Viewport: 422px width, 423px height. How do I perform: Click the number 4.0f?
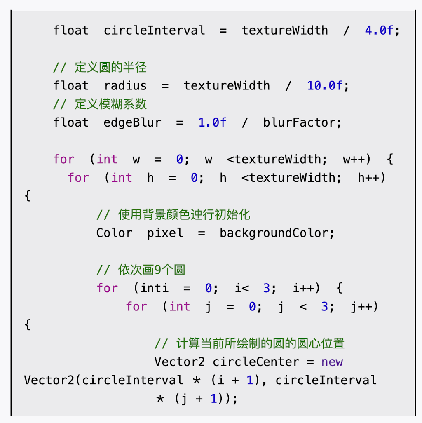coord(379,31)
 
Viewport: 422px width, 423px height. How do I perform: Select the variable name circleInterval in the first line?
coord(154,31)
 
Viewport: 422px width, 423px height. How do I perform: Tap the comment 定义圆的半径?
coord(110,67)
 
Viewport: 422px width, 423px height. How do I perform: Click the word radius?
coord(125,86)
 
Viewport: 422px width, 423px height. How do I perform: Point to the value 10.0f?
coord(325,86)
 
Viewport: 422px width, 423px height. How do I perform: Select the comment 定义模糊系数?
coord(110,104)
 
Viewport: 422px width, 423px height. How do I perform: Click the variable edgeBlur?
coord(132,122)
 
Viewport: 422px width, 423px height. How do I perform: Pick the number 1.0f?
coord(212,122)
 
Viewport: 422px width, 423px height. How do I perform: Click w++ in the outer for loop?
coord(357,160)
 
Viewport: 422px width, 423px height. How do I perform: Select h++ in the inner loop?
coord(371,178)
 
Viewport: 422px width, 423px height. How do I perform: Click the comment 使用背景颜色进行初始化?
coord(184,214)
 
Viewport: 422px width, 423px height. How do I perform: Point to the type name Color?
coord(114,233)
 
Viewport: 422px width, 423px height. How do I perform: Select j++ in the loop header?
coord(364,307)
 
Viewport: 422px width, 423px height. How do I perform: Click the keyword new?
coord(332,362)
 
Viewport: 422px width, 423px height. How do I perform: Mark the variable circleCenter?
coord(256,362)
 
